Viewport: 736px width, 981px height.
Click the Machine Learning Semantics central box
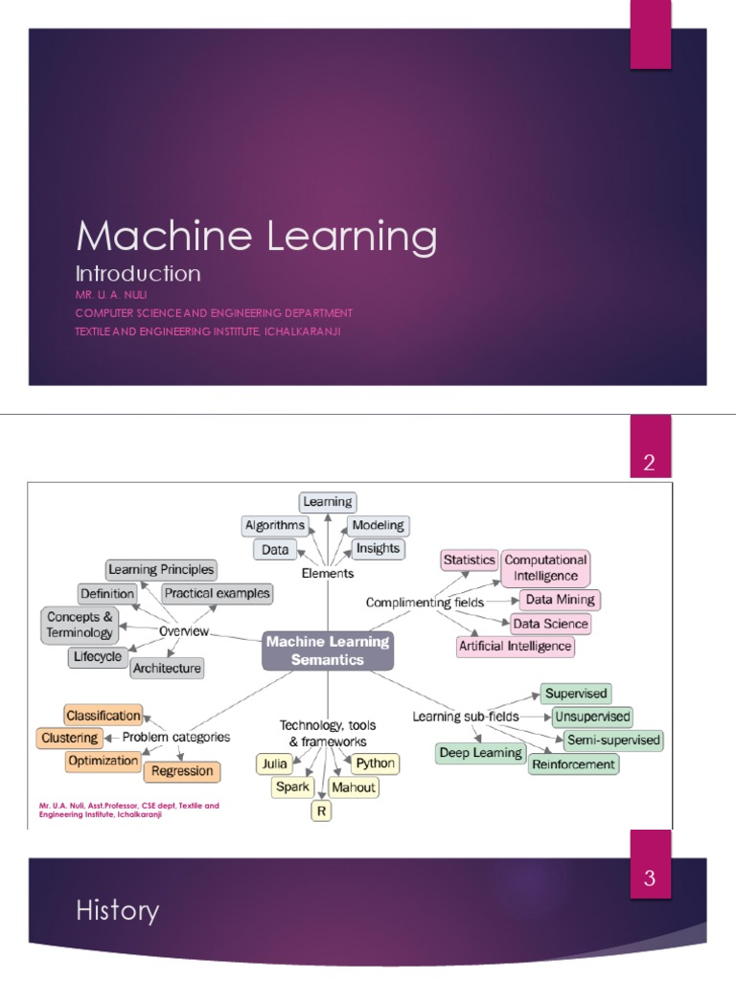pos(328,650)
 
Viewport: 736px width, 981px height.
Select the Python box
pos(374,764)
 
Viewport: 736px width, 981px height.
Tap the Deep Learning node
pos(481,753)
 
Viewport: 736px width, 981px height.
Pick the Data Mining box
pos(560,600)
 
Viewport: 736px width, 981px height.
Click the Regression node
pos(182,771)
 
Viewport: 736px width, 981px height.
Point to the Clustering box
pos(69,738)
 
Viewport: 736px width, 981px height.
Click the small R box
pos(320,811)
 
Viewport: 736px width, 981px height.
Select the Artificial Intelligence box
pos(516,646)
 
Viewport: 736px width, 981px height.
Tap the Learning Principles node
pos(161,570)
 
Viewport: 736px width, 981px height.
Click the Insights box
pos(378,549)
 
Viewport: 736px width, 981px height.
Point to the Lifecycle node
pos(97,657)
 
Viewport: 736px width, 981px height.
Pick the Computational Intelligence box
pos(545,568)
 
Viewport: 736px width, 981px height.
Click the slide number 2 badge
pos(650,465)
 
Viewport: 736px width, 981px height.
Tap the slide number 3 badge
pos(650,878)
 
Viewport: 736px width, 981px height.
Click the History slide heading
pos(118,910)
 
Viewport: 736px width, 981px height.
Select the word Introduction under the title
pos(138,274)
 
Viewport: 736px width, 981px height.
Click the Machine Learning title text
pos(256,236)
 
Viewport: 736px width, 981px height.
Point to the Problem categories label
pos(176,738)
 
